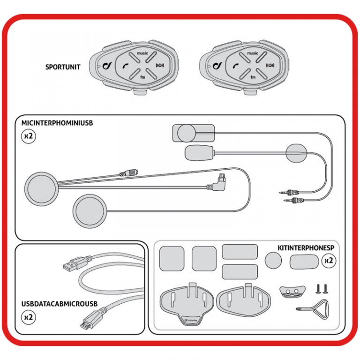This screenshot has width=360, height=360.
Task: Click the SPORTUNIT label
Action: [x=63, y=67]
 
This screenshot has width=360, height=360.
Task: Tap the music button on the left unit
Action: [x=142, y=54]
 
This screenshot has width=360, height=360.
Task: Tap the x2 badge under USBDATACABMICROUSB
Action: [x=29, y=317]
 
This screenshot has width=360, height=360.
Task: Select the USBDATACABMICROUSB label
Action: [x=59, y=304]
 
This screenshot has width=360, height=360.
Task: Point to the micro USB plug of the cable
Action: [x=87, y=323]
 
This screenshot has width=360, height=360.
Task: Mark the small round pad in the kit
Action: [x=273, y=260]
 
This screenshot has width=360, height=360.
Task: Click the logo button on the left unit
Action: [x=107, y=66]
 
